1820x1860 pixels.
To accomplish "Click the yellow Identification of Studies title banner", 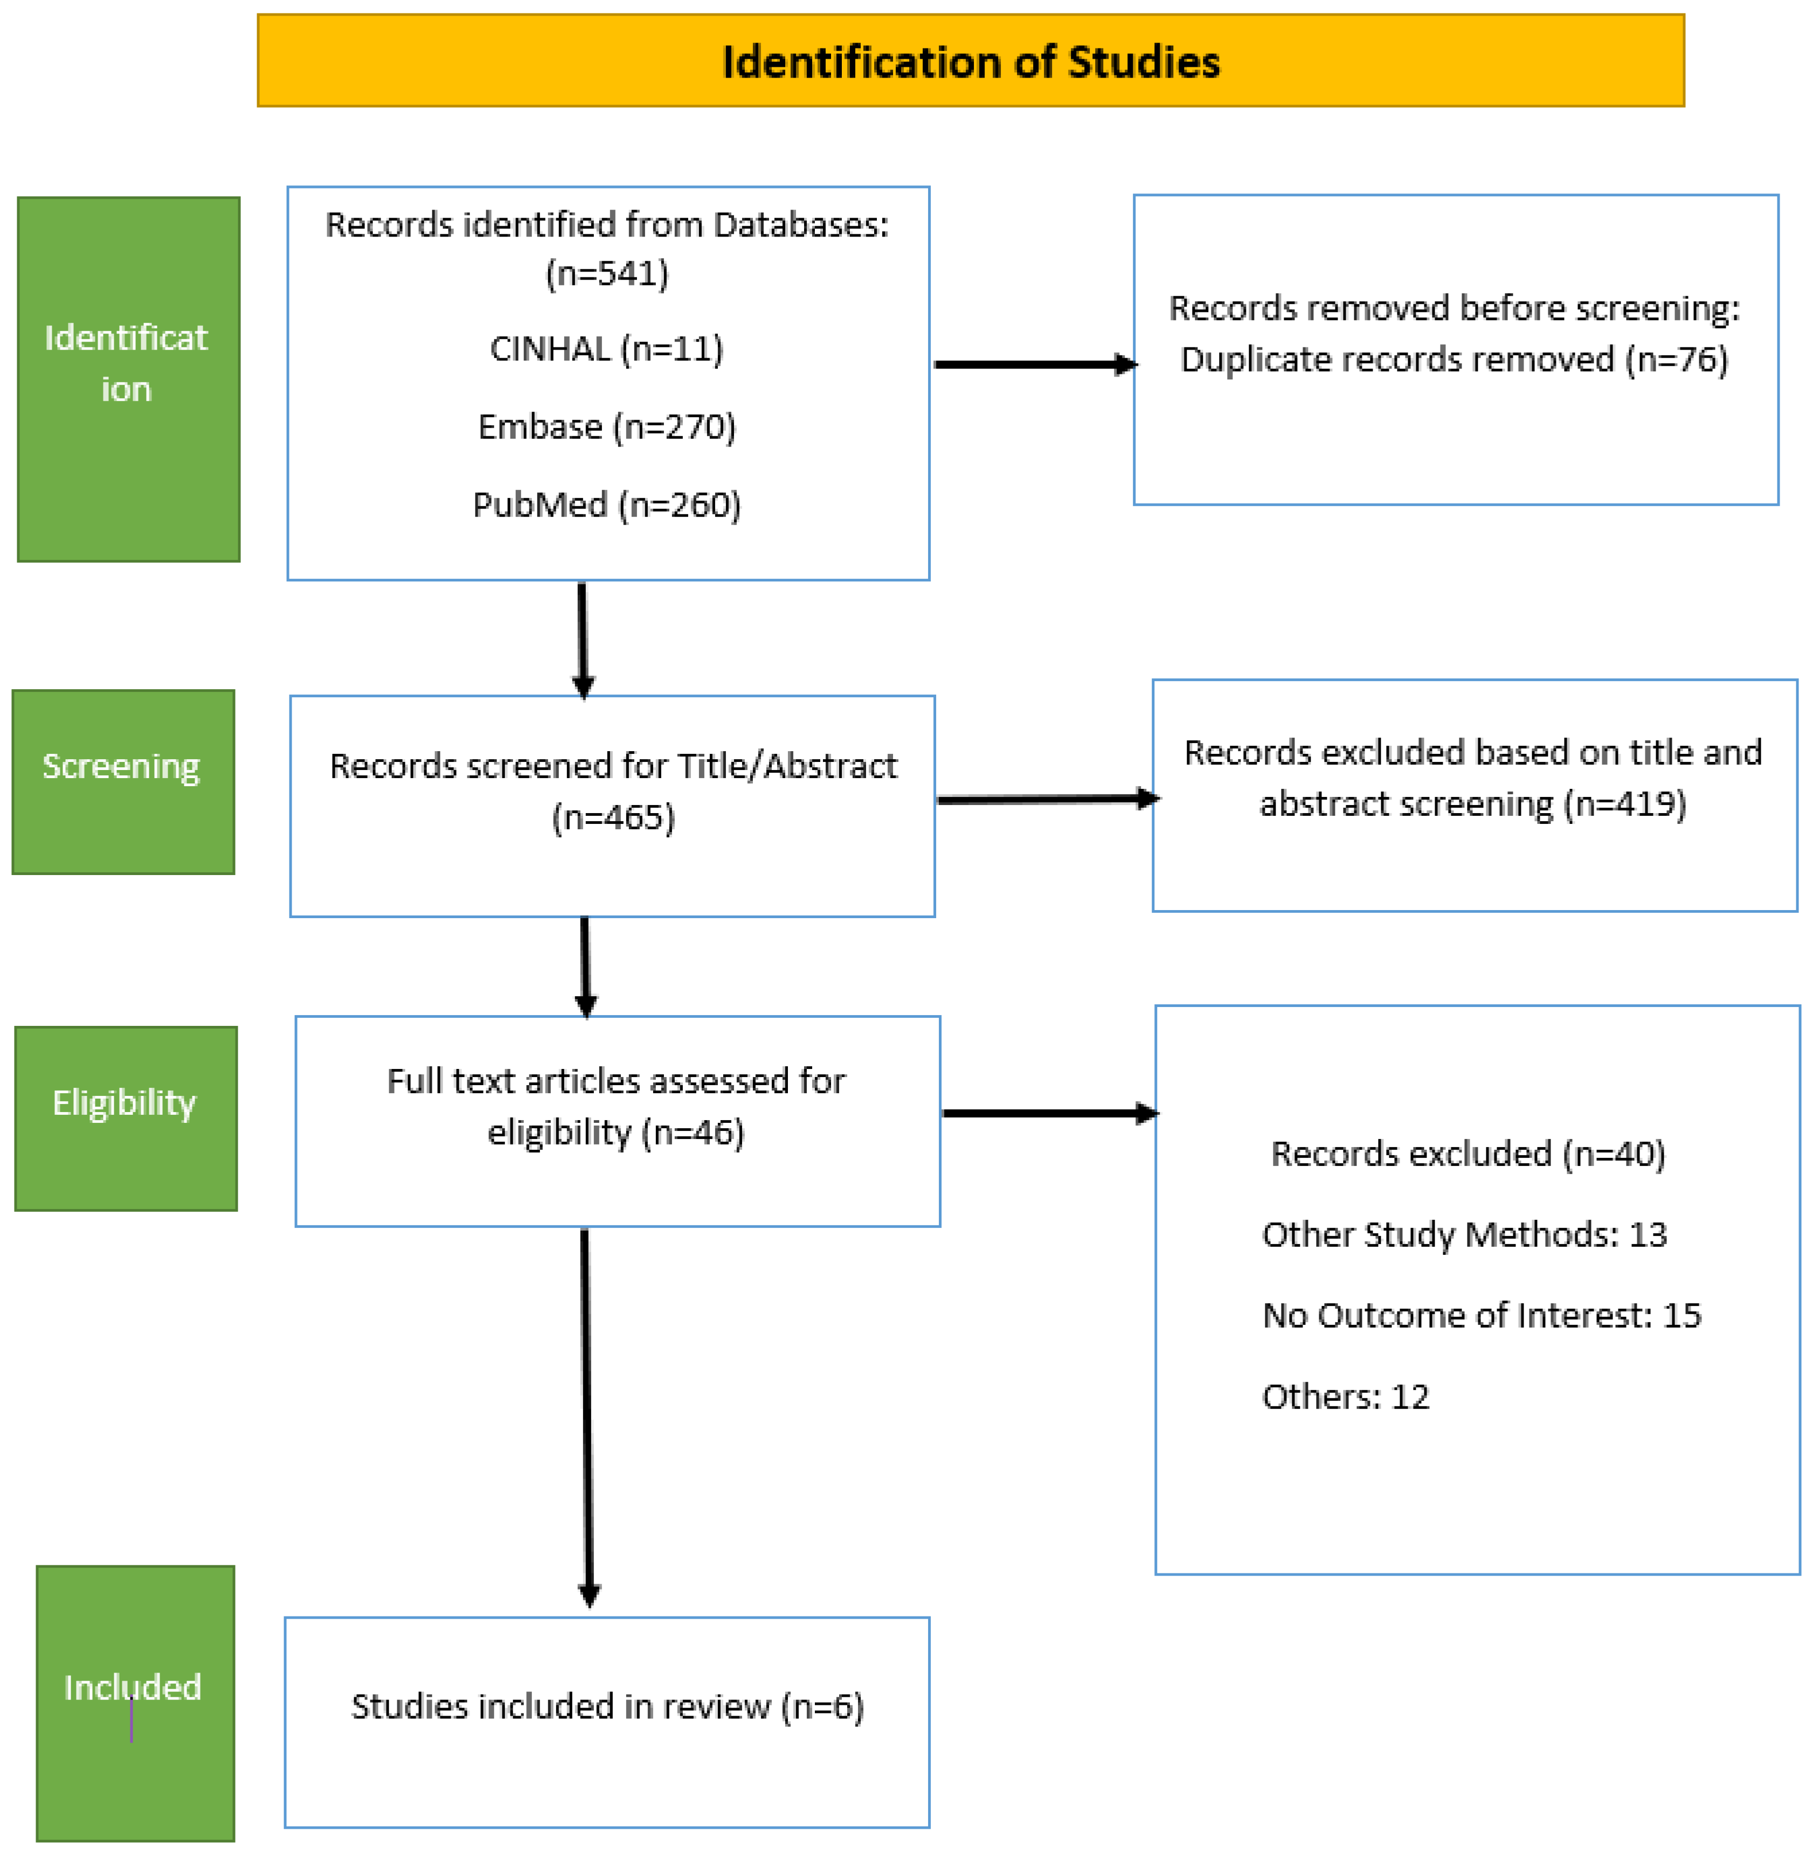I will point(970,60).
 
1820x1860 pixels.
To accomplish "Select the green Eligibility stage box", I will point(125,1118).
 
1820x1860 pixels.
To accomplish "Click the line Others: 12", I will point(1345,1397).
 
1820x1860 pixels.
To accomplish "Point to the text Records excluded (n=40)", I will point(1468,1154).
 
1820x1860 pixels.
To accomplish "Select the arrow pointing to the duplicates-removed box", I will point(1033,364).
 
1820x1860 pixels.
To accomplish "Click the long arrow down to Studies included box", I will point(587,1414).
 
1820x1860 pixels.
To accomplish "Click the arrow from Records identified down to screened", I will point(582,636).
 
